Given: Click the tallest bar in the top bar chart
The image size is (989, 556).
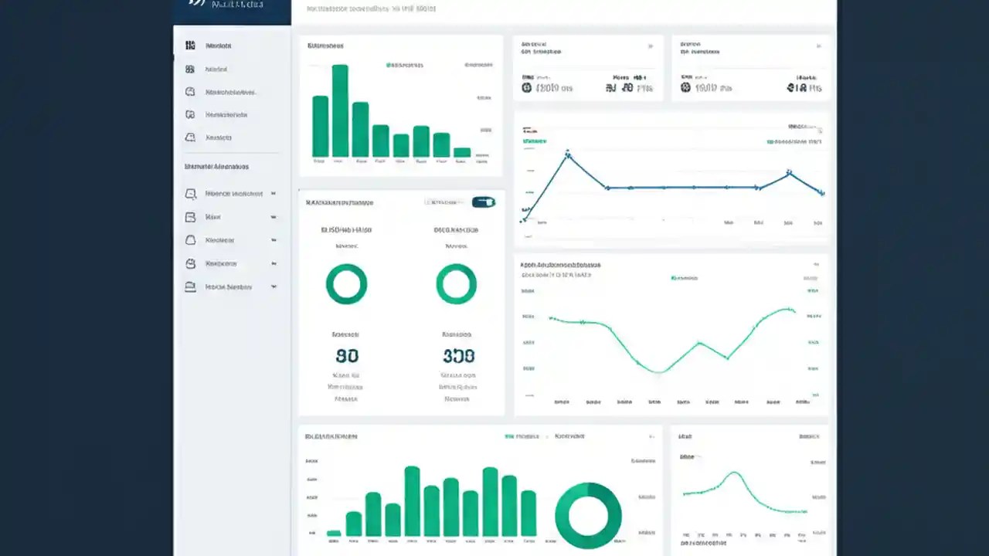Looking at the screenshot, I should tap(340, 110).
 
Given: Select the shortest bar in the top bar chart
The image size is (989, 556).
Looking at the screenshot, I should tap(461, 152).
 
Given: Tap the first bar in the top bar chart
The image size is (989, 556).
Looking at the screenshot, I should tap(320, 127).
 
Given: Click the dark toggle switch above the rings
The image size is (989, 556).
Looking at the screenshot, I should tap(484, 202).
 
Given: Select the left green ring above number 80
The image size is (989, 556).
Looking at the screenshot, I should tap(346, 284).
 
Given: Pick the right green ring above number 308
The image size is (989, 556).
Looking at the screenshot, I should tap(456, 284).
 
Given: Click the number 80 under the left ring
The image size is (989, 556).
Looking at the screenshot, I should tap(347, 356).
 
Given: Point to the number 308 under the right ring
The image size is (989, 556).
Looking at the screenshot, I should tap(458, 356).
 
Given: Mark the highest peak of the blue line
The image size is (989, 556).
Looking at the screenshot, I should tap(568, 155).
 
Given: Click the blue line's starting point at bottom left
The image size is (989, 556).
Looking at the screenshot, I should tap(524, 219).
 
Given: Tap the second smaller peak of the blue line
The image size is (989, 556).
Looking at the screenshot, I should tap(789, 173).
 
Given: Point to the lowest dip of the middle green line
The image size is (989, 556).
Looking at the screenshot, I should tap(658, 372).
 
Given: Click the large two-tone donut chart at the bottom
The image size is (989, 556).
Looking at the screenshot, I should tap(588, 516).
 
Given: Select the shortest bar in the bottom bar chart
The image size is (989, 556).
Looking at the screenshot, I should tap(334, 533).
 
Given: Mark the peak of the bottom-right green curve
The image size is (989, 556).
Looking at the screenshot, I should tap(735, 473).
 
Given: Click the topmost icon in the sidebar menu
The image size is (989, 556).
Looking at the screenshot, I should tap(190, 46).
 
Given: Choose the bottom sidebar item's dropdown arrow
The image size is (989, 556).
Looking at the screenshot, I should tap(274, 286).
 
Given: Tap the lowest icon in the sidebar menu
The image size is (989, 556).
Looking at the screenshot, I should tap(190, 286).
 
